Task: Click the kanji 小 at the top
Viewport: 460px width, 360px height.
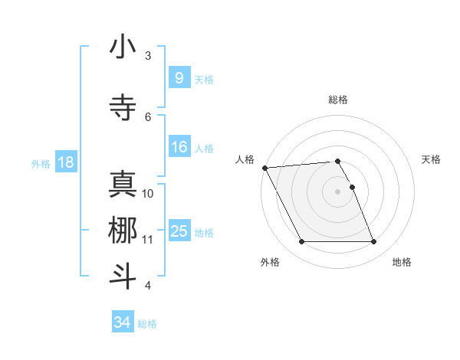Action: (123, 47)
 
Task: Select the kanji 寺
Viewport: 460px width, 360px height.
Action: (123, 107)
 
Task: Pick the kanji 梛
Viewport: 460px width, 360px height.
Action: (123, 230)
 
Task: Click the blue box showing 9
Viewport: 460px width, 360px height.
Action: (179, 77)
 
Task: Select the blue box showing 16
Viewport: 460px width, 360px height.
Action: (179, 147)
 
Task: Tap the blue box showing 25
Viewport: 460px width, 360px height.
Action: (179, 231)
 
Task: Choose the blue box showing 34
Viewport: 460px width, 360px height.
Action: (122, 322)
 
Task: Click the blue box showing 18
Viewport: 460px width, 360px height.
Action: (65, 162)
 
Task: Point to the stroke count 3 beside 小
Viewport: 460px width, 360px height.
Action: (148, 56)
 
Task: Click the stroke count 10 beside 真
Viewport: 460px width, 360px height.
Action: (148, 193)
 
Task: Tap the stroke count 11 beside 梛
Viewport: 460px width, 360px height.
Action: (148, 239)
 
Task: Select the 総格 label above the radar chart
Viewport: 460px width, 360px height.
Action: (338, 100)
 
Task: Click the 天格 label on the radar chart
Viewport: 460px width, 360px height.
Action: (431, 159)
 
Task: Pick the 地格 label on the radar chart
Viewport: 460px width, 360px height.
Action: (402, 262)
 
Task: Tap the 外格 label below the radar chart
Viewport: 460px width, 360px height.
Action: (269, 262)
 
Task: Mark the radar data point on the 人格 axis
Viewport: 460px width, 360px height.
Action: (264, 168)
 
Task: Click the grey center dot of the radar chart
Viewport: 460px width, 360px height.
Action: (338, 191)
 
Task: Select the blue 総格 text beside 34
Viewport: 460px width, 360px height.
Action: (147, 324)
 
